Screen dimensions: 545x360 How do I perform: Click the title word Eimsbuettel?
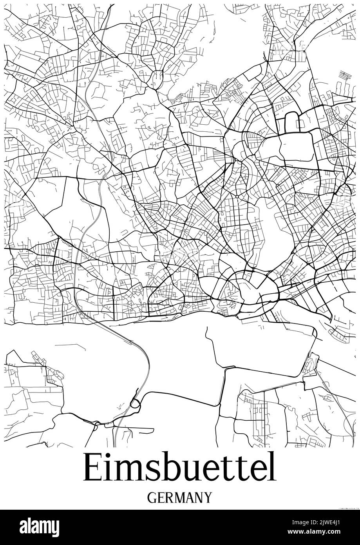click(x=179, y=468)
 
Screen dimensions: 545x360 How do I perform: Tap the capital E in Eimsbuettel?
click(x=91, y=468)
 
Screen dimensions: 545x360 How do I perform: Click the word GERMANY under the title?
click(x=179, y=498)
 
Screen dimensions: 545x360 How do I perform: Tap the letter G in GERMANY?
click(x=152, y=498)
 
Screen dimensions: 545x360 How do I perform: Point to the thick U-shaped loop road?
click(x=291, y=121)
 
